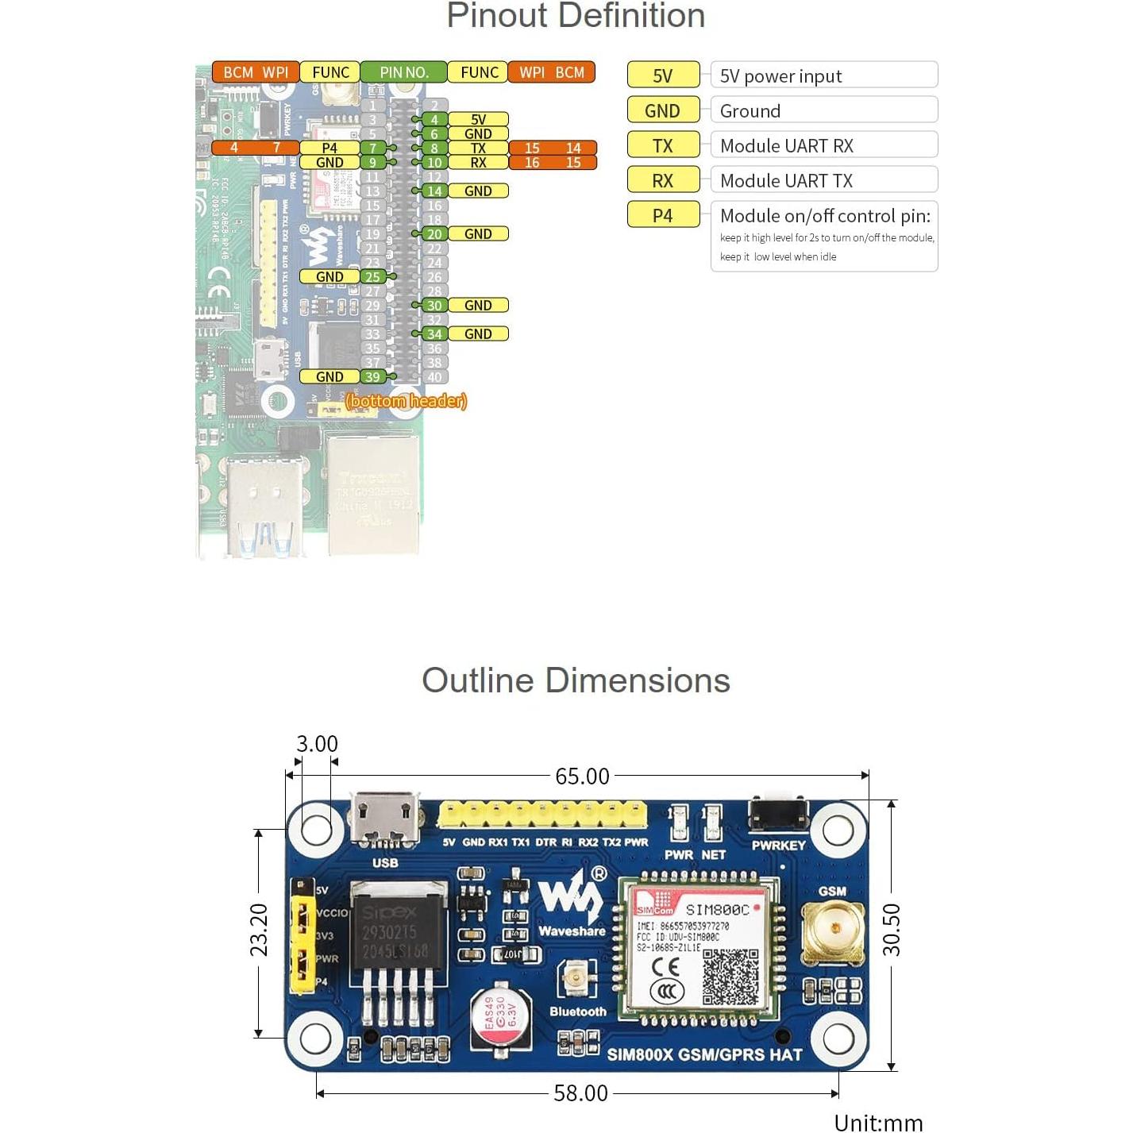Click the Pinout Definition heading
click(x=576, y=16)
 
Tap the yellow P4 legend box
click(x=663, y=215)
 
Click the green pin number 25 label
click(x=372, y=277)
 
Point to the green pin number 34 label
click(x=434, y=334)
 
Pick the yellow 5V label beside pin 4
click(x=478, y=120)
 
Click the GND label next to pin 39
click(x=329, y=377)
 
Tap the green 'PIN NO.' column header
click(x=403, y=72)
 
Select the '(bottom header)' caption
click(x=407, y=401)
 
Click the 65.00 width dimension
click(x=582, y=776)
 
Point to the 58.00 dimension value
click(x=580, y=1093)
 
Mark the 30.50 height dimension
click(x=892, y=929)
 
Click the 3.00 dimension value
click(x=317, y=744)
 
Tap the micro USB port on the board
click(x=385, y=819)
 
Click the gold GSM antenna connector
click(x=833, y=931)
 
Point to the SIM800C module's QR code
click(x=730, y=977)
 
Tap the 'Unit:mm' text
click(x=878, y=1122)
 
